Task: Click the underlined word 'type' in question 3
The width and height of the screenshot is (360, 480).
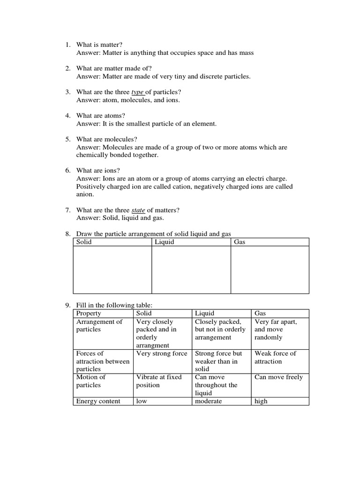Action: [x=137, y=92]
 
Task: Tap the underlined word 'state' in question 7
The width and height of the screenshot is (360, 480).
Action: [x=138, y=210]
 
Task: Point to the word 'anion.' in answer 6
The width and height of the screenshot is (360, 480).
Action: [x=85, y=195]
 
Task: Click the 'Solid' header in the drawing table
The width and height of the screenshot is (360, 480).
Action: [x=84, y=242]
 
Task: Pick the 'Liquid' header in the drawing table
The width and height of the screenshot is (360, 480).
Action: [x=164, y=242]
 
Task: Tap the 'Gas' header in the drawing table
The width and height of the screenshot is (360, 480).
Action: [x=240, y=242]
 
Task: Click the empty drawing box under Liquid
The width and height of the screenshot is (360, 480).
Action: [x=191, y=270]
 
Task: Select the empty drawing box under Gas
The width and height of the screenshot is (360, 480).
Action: [x=270, y=270]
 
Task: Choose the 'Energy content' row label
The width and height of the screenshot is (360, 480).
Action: [x=97, y=401]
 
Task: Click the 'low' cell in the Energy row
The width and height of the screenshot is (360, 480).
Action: [x=142, y=401]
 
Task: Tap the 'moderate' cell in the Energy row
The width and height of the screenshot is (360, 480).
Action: [x=209, y=401]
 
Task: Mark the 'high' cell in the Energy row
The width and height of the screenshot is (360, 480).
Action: [x=261, y=401]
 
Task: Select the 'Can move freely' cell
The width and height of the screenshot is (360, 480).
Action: [x=278, y=377]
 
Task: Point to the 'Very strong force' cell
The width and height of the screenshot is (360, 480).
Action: [x=161, y=353]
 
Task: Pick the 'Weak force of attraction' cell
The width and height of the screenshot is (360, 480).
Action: [x=275, y=357]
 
